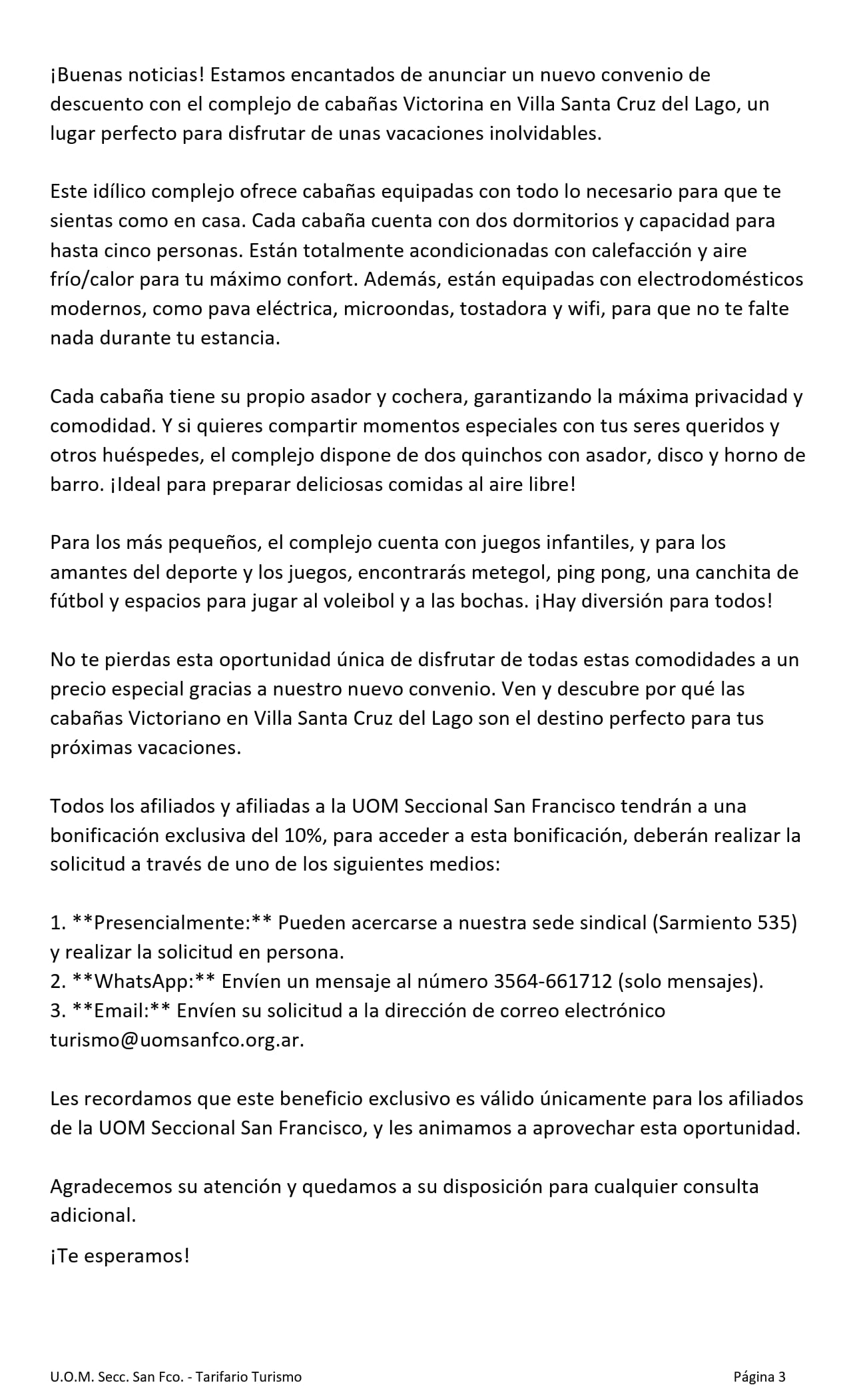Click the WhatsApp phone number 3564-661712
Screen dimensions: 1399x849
pos(552,981)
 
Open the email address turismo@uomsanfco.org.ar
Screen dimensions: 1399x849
pos(176,1041)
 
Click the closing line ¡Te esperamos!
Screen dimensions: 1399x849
pos(120,1256)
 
